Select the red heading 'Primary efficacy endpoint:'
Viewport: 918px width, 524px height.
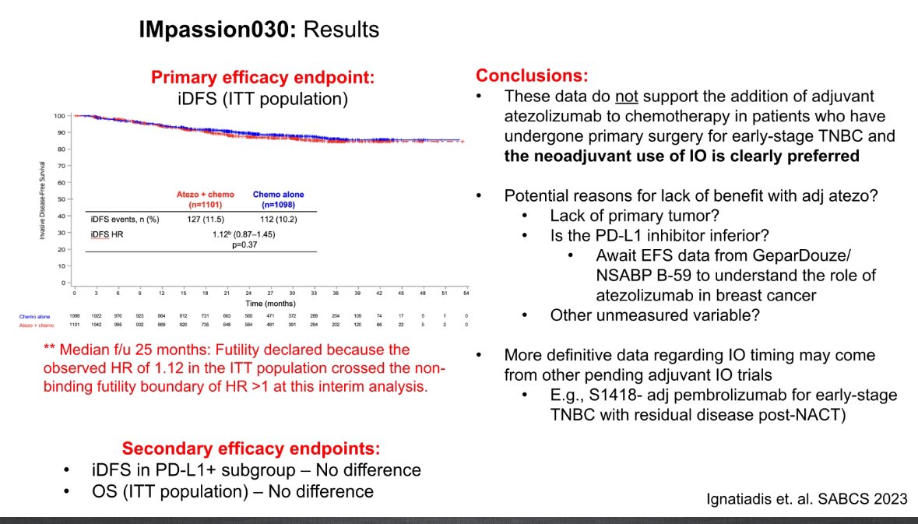tap(262, 78)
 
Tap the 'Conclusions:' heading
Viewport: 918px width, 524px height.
tap(532, 76)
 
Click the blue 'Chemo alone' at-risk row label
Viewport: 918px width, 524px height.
tap(35, 315)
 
